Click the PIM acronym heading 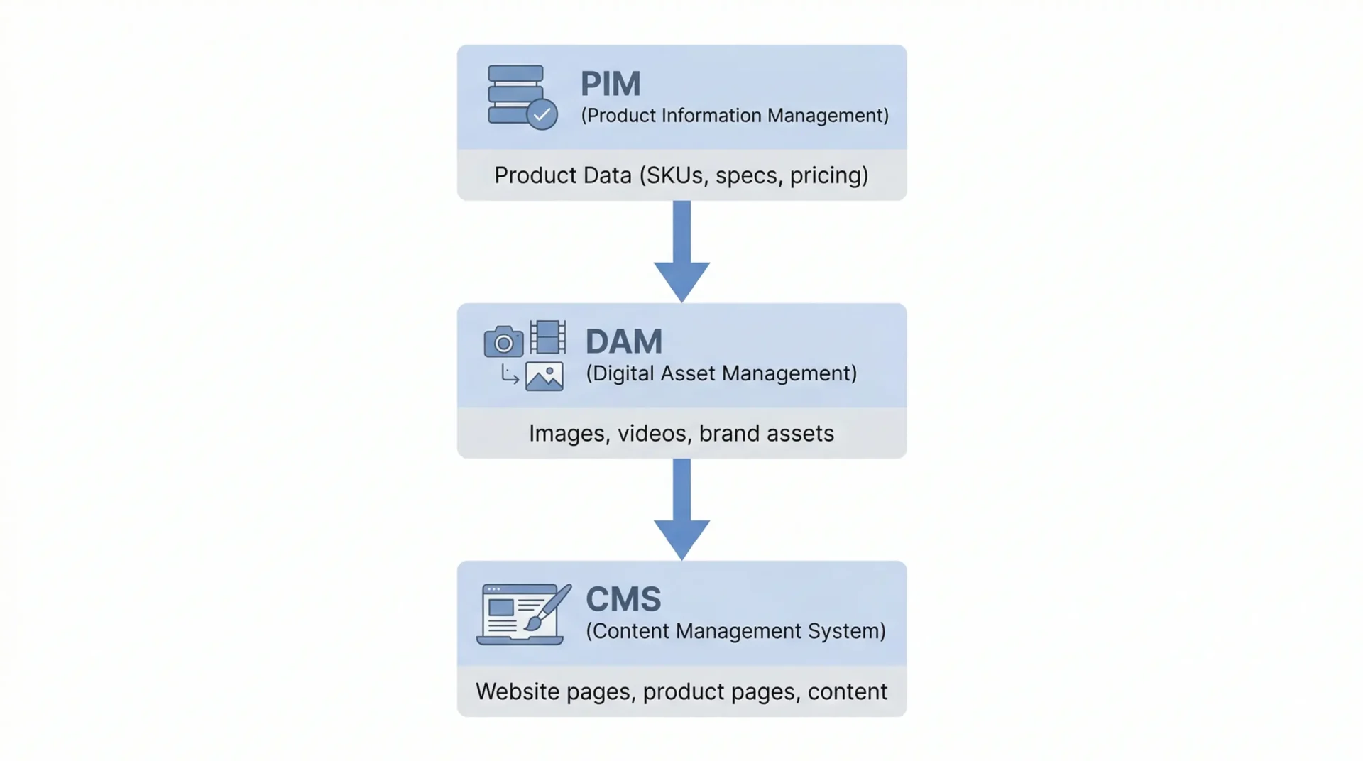pos(611,84)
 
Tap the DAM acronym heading pos(623,341)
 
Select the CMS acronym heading pos(623,599)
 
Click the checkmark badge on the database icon pos(542,114)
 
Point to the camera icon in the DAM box pos(503,342)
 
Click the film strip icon pos(548,337)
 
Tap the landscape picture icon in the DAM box pos(544,377)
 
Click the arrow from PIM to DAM pos(681,252)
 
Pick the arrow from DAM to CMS pos(681,510)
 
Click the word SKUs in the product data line pos(674,175)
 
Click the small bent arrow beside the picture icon pos(509,374)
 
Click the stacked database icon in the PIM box pos(515,94)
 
